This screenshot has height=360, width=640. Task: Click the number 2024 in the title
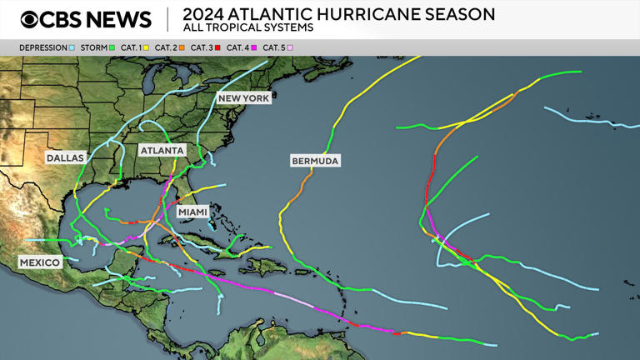(203, 14)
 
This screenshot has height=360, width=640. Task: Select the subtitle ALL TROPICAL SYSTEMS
(248, 28)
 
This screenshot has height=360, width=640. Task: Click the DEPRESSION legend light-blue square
(72, 48)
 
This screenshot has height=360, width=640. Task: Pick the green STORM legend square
(112, 48)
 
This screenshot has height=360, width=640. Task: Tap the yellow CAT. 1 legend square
(147, 48)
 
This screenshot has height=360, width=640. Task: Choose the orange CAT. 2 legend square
(182, 48)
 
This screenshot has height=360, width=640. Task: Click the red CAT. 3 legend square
(217, 48)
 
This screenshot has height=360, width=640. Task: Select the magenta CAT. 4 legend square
(253, 48)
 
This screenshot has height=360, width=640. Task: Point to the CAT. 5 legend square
(290, 48)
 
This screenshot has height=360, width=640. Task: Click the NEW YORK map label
(243, 98)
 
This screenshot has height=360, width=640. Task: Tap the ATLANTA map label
(162, 151)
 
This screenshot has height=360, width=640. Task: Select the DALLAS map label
(66, 157)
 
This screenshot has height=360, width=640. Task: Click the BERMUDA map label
(315, 161)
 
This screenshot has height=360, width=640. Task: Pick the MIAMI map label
(192, 212)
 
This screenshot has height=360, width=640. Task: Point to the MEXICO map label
(40, 262)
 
